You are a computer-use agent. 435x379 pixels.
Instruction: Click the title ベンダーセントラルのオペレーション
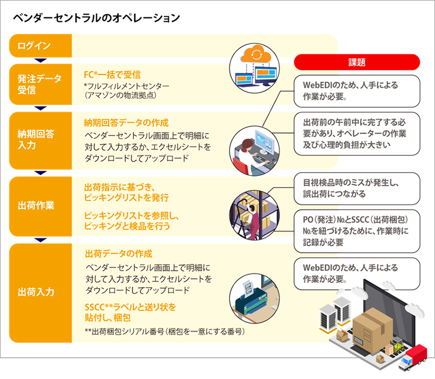tap(97, 18)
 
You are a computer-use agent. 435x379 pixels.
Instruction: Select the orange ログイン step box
tap(40, 46)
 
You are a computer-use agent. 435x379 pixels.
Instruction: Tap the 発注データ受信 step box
tap(40, 84)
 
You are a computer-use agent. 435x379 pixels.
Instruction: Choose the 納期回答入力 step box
tap(40, 140)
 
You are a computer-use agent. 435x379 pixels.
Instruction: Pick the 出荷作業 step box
tap(40, 206)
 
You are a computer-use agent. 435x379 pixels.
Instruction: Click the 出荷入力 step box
tap(40, 293)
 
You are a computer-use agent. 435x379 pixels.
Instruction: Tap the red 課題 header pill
tap(357, 62)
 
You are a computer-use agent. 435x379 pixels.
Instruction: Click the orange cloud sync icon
tap(256, 54)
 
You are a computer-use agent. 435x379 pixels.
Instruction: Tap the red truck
tap(413, 357)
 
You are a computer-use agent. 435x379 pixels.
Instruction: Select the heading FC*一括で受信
tap(112, 74)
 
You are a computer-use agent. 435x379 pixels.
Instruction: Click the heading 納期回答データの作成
tap(126, 123)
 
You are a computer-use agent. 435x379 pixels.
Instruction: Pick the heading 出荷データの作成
tap(119, 253)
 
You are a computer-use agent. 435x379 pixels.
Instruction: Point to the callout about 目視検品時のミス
tap(357, 189)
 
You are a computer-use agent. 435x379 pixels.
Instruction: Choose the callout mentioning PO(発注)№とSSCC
tap(357, 231)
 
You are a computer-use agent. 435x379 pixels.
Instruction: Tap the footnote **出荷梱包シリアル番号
tap(165, 332)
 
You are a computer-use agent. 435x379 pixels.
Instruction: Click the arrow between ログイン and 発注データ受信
tap(40, 60)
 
